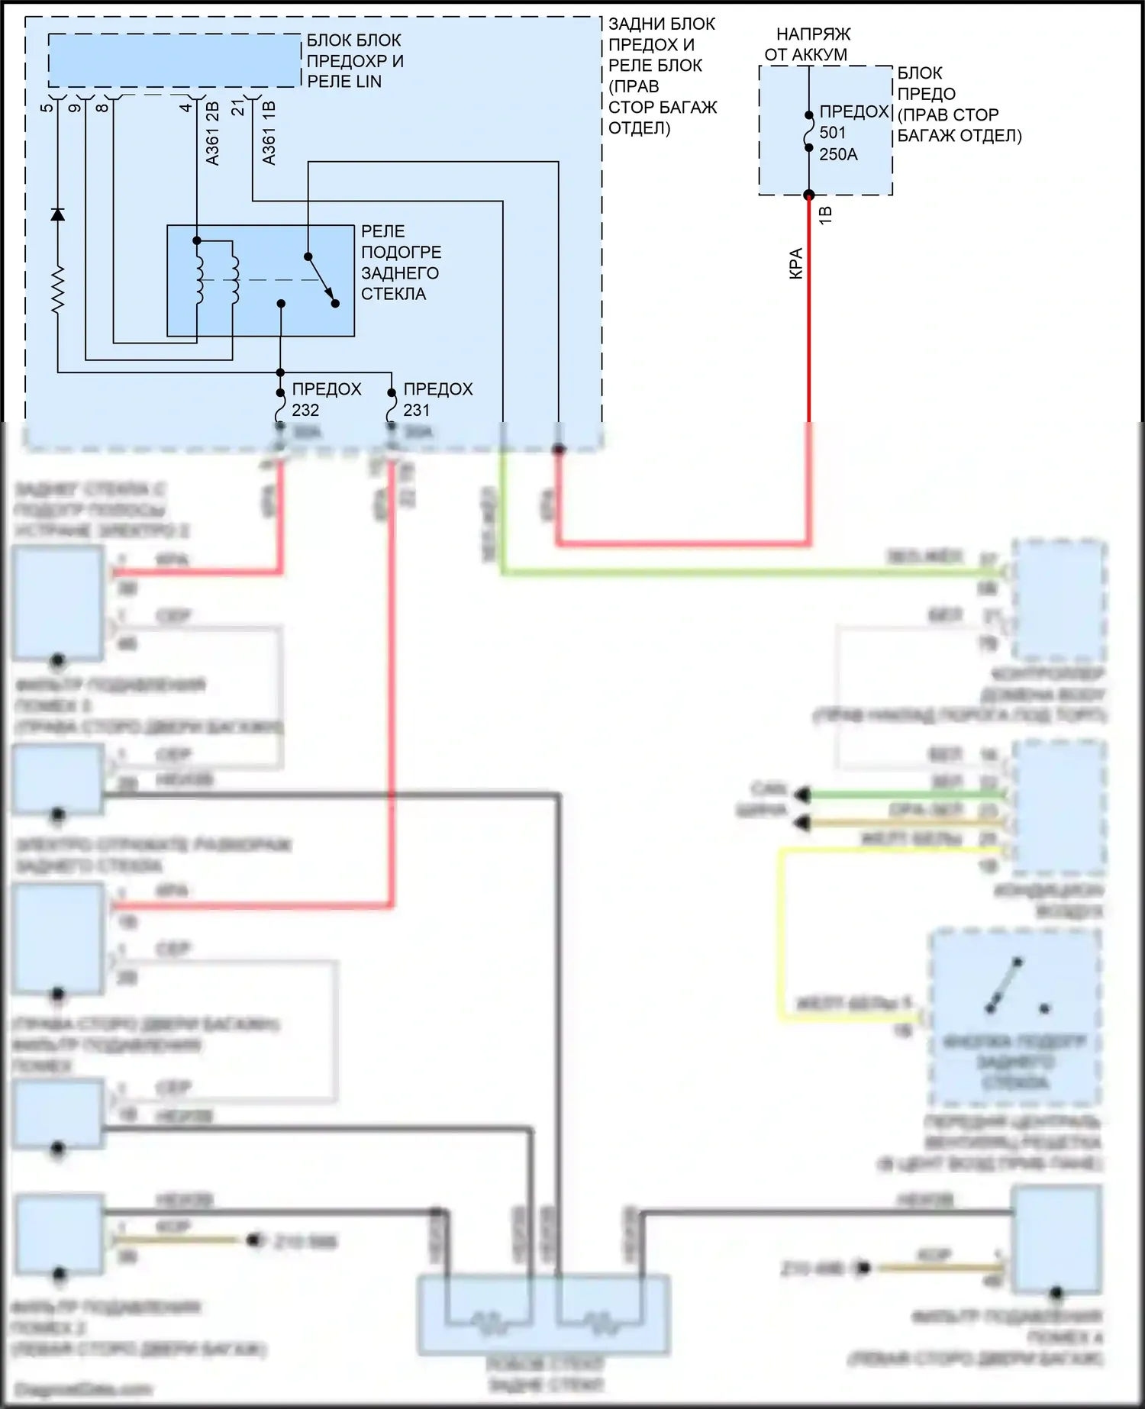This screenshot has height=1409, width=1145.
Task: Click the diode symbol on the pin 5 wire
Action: (57, 214)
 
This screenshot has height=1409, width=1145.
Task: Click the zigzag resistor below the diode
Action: (57, 290)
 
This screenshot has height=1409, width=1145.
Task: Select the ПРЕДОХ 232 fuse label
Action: (326, 399)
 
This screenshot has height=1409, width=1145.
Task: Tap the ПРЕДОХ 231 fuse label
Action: (437, 399)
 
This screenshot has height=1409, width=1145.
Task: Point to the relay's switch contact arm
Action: (321, 279)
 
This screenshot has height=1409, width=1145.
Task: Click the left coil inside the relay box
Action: (200, 279)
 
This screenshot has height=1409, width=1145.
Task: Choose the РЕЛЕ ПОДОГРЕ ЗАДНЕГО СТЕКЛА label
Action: (401, 263)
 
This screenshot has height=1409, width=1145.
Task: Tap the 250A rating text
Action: (838, 154)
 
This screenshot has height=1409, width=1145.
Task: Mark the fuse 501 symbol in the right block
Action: (809, 131)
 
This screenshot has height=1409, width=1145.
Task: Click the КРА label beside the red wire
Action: (795, 263)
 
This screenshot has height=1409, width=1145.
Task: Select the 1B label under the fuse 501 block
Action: (825, 215)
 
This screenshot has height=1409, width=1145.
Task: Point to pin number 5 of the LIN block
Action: (47, 107)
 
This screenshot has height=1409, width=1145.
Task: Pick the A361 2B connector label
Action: (213, 134)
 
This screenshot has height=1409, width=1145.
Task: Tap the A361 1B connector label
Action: (269, 134)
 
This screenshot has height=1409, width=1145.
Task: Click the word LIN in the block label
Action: (366, 82)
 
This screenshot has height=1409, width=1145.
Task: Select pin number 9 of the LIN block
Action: (75, 107)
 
